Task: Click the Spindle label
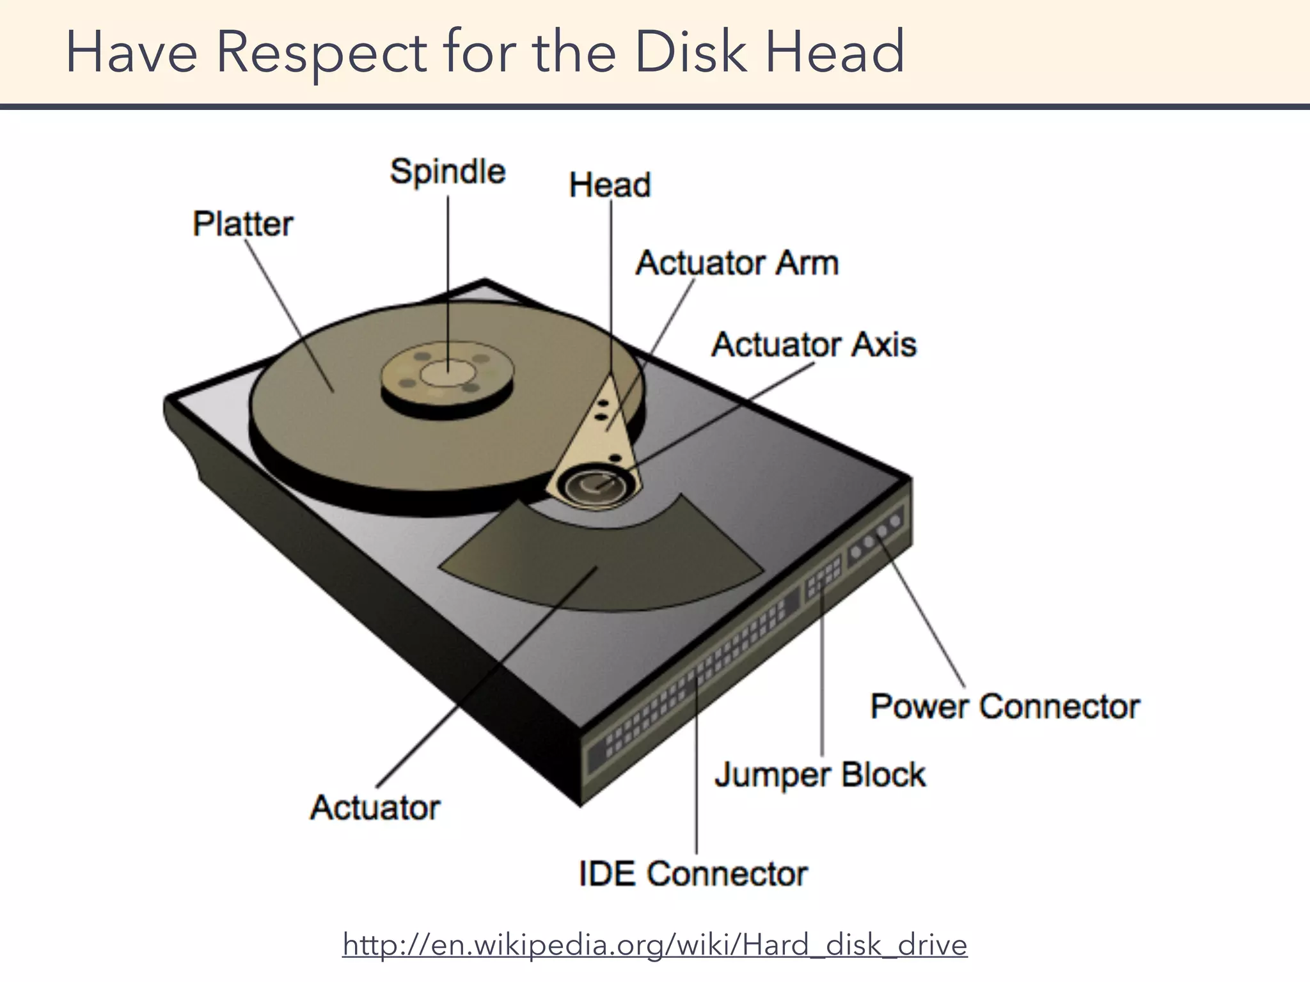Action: click(448, 172)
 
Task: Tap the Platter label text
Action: click(243, 224)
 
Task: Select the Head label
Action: click(610, 185)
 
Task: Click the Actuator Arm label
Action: click(737, 263)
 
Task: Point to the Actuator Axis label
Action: click(814, 345)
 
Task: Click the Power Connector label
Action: click(1005, 706)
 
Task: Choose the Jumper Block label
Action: click(819, 775)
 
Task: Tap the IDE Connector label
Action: click(693, 873)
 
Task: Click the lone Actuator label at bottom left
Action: click(375, 807)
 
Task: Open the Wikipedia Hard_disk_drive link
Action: click(655, 944)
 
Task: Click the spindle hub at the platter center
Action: click(447, 373)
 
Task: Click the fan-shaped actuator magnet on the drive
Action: click(601, 556)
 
